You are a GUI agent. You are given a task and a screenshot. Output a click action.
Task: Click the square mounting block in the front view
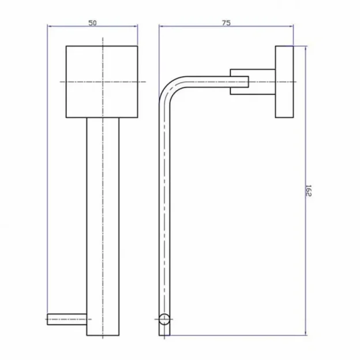coord(103,81)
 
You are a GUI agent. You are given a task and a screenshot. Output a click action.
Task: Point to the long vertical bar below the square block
coord(103,225)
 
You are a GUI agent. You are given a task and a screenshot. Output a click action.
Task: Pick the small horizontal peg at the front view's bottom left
coord(67,317)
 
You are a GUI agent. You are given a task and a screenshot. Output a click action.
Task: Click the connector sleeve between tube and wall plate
coord(240,82)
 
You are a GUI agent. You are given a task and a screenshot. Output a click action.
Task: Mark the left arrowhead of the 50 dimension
coord(50,26)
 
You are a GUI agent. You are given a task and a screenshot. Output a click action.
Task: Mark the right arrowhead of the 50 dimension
coord(136,26)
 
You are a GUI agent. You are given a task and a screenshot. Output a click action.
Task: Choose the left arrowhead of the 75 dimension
coord(162,26)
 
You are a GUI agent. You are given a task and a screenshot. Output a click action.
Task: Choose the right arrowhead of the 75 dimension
coord(291,26)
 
